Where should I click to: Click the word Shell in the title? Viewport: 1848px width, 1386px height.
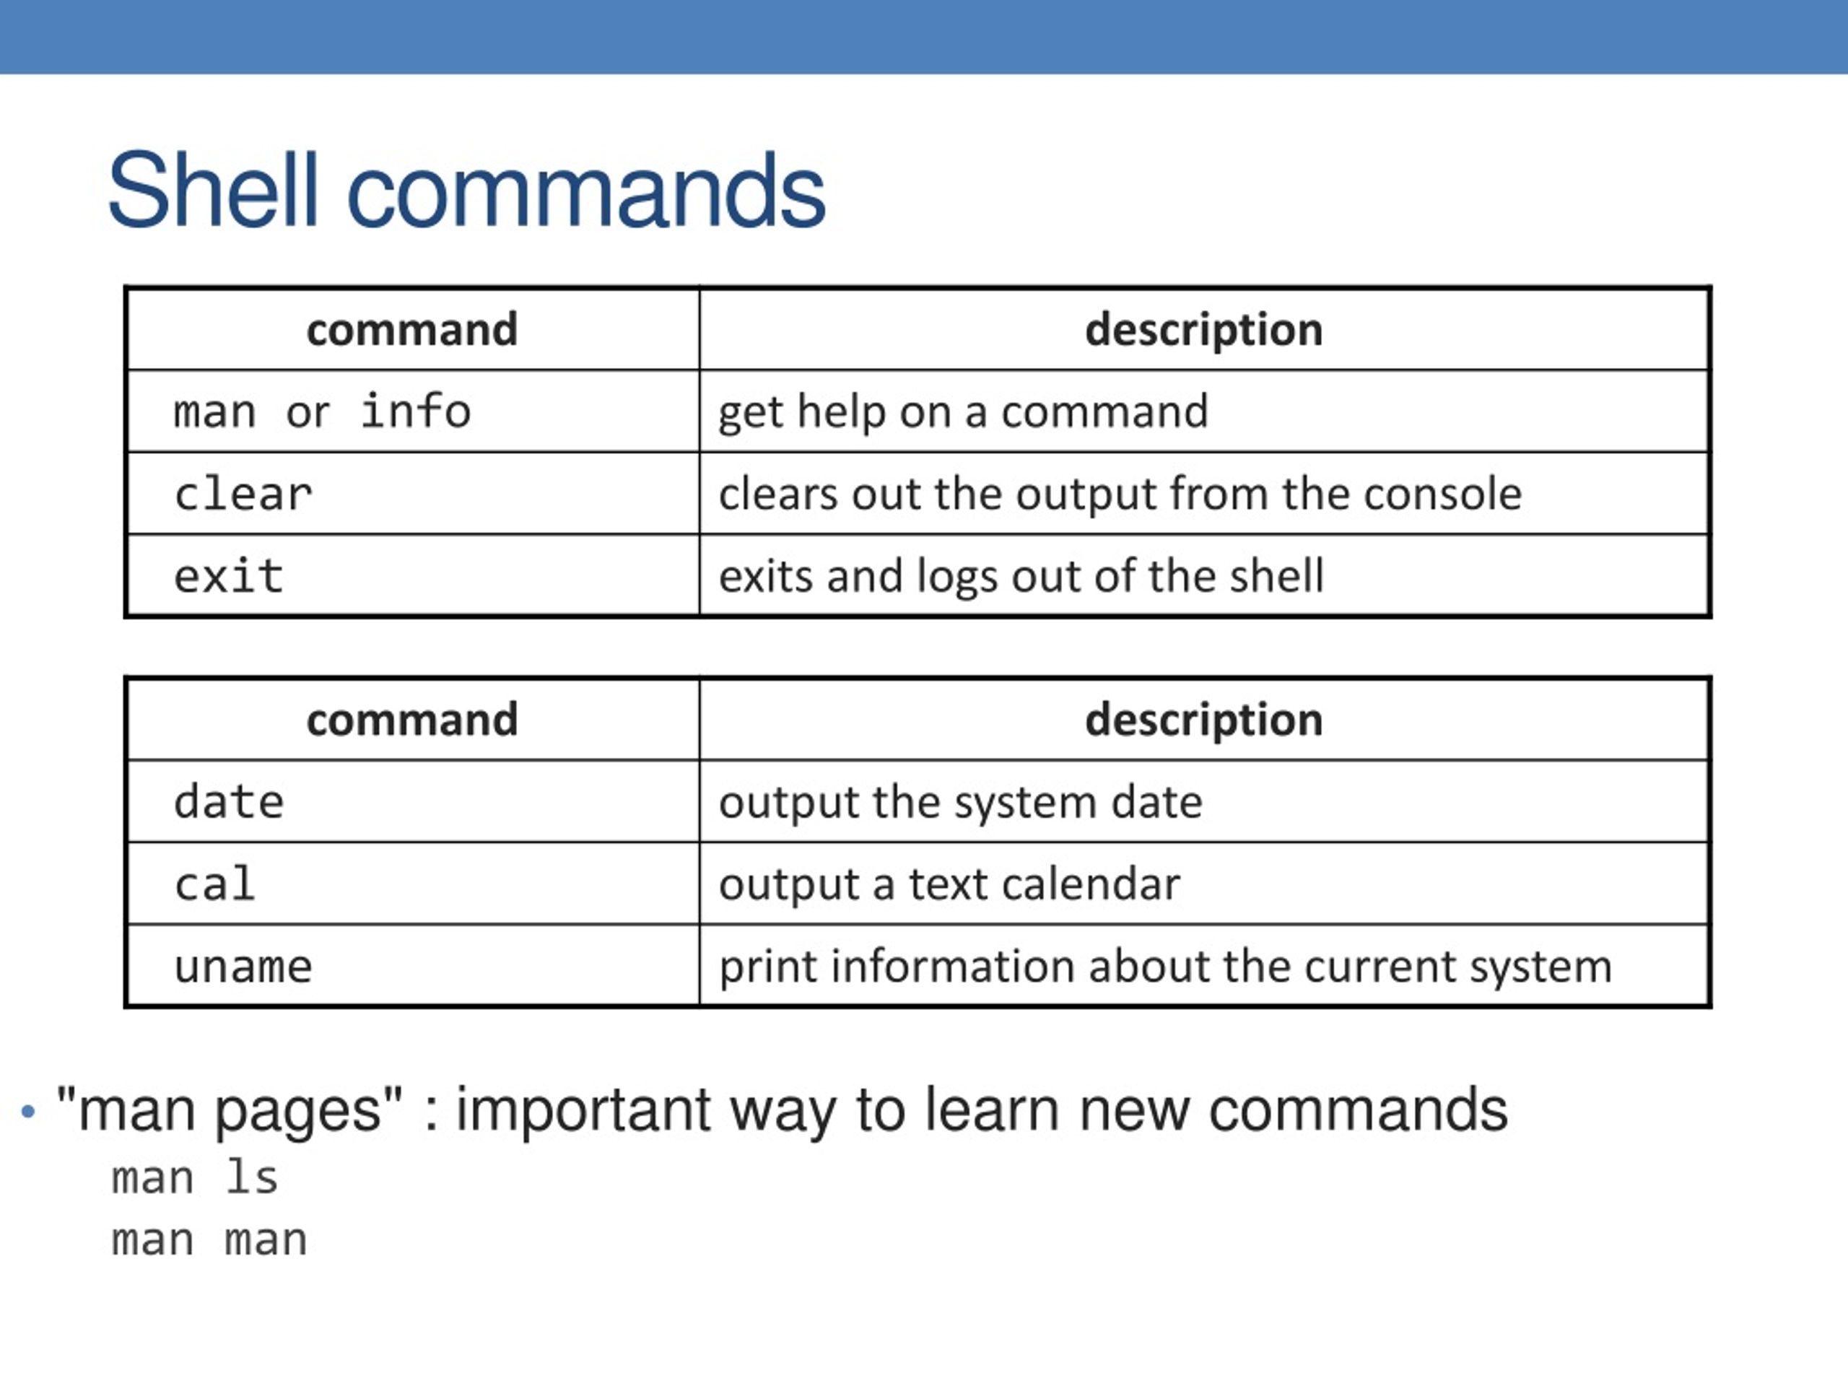(212, 191)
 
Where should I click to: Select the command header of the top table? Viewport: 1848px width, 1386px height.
(412, 329)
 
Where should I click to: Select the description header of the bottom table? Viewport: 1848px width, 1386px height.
(1204, 719)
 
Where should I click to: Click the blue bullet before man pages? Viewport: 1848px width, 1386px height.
(28, 1112)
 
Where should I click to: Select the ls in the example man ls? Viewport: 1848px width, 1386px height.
(251, 1179)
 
